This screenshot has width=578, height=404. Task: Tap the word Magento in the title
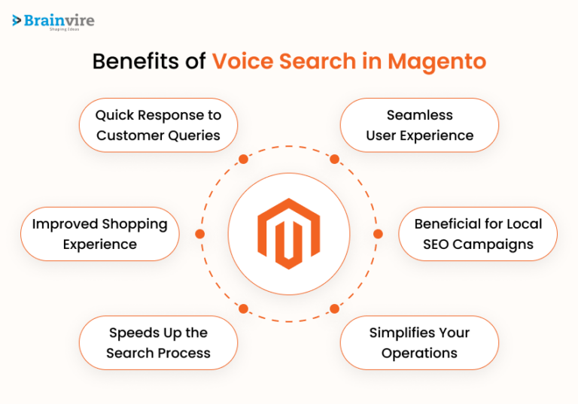click(x=437, y=62)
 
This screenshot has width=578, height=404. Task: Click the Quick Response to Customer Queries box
click(x=158, y=125)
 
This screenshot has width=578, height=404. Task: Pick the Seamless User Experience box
click(x=419, y=125)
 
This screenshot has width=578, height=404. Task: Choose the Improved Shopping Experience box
click(x=100, y=234)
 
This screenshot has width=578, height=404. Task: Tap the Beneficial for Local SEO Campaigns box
click(x=478, y=234)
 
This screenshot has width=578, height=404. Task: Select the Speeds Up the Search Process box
click(x=158, y=342)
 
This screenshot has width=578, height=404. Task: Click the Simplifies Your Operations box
click(x=419, y=342)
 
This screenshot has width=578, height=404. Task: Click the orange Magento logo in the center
click(x=288, y=234)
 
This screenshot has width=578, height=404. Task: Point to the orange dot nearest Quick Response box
click(x=243, y=159)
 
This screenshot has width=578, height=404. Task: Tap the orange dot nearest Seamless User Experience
click(x=334, y=159)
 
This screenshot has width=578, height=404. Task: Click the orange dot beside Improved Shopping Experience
click(x=199, y=234)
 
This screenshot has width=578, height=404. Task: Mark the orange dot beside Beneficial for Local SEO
click(x=378, y=234)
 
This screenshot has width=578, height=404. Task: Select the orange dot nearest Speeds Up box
click(x=243, y=308)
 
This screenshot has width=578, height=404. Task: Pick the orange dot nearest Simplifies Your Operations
click(x=334, y=308)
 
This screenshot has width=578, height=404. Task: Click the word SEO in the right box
click(x=438, y=245)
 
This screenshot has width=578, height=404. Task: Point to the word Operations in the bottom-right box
click(x=419, y=353)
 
